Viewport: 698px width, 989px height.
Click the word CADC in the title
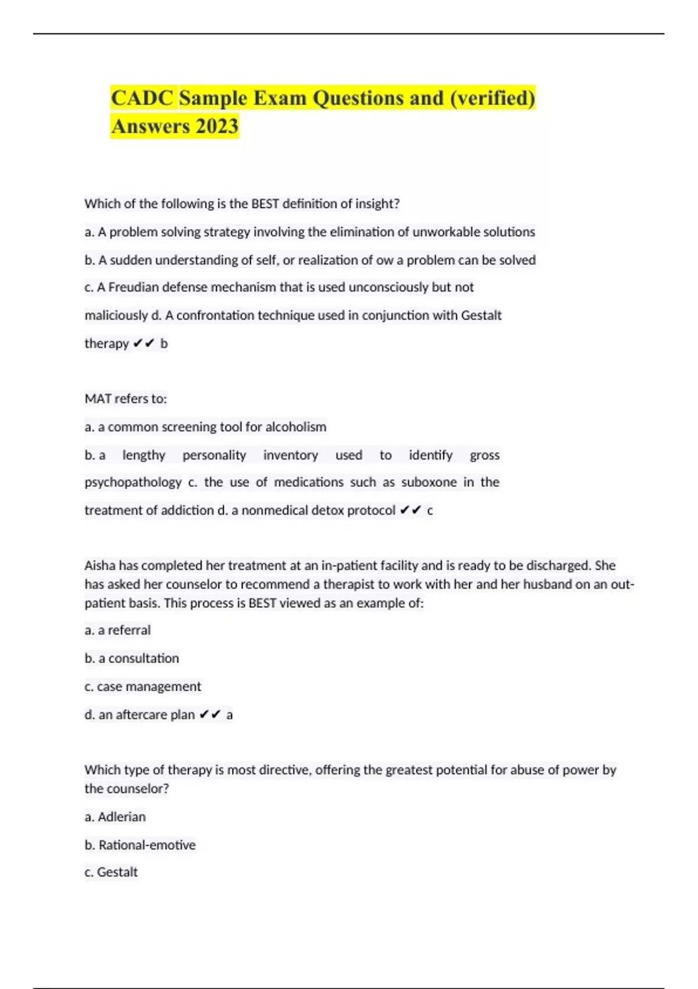point(143,98)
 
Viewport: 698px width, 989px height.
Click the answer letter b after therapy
point(164,344)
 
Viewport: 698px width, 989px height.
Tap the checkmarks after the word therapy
point(144,344)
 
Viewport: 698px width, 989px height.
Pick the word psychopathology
point(133,482)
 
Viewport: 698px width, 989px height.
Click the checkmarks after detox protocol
point(411,511)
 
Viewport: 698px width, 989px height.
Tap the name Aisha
point(99,565)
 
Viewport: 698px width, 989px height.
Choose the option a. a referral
point(117,630)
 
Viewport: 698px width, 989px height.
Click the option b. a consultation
point(131,659)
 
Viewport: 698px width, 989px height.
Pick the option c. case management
point(143,686)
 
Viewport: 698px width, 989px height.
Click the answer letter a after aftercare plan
point(230,715)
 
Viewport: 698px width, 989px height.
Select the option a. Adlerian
point(115,817)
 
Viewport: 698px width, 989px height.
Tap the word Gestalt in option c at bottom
point(117,872)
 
